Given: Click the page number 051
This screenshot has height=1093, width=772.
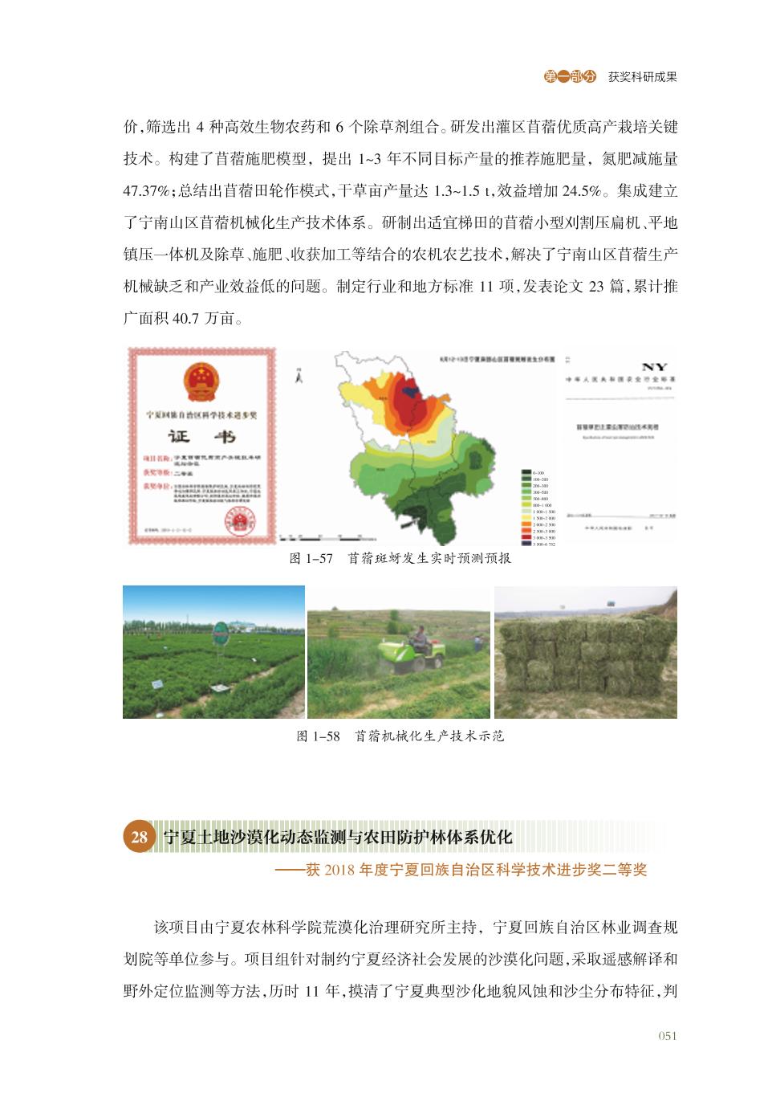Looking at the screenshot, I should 668,1035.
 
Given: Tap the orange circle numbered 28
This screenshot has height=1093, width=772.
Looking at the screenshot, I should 138,836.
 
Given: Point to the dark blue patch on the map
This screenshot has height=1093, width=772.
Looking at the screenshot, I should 412,391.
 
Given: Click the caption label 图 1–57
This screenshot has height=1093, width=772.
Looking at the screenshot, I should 310,559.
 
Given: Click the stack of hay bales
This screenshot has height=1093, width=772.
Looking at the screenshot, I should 586,665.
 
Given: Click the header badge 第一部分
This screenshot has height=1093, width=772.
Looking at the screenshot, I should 571,77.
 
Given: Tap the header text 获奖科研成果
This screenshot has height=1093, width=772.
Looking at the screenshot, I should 642,77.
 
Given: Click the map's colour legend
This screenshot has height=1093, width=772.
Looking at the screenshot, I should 536,508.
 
